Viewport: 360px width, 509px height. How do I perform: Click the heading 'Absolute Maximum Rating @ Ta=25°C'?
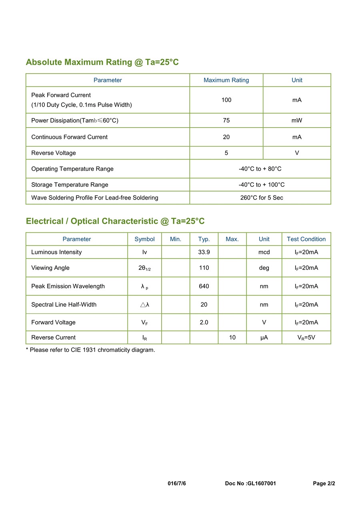[x=102, y=62]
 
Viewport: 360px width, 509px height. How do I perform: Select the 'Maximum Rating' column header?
[x=226, y=80]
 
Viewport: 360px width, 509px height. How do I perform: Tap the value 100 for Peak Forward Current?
[x=226, y=100]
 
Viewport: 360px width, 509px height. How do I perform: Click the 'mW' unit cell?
[x=297, y=120]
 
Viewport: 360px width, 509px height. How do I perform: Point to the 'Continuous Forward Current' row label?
[x=69, y=137]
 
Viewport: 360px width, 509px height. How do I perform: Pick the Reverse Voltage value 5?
[x=226, y=153]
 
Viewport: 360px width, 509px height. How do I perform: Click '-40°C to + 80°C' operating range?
[x=260, y=169]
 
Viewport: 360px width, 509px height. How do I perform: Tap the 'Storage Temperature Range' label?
[x=70, y=185]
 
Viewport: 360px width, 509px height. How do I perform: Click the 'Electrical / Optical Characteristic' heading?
[x=115, y=221]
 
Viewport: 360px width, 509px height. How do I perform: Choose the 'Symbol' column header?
[x=144, y=239]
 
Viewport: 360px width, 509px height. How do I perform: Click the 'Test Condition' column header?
[x=306, y=239]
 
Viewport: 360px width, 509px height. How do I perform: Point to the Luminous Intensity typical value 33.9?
[x=204, y=252]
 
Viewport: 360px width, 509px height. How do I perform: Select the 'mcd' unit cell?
[x=264, y=252]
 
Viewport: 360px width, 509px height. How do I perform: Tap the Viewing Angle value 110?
[x=204, y=268]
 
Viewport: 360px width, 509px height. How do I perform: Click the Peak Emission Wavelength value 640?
[x=204, y=286]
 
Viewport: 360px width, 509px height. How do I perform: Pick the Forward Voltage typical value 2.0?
[x=204, y=322]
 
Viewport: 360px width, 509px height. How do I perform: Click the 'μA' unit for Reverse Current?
[x=264, y=337]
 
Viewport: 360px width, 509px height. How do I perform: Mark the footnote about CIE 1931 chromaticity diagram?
[x=90, y=350]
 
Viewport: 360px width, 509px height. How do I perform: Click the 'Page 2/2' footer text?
[x=324, y=483]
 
